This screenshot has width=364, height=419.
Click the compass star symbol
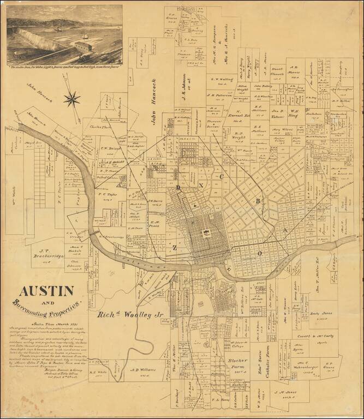point(71,99)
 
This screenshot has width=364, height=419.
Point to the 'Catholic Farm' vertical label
point(268,361)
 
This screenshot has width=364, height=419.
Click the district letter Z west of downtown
point(175,247)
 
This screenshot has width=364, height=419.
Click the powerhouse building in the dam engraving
point(83,47)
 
